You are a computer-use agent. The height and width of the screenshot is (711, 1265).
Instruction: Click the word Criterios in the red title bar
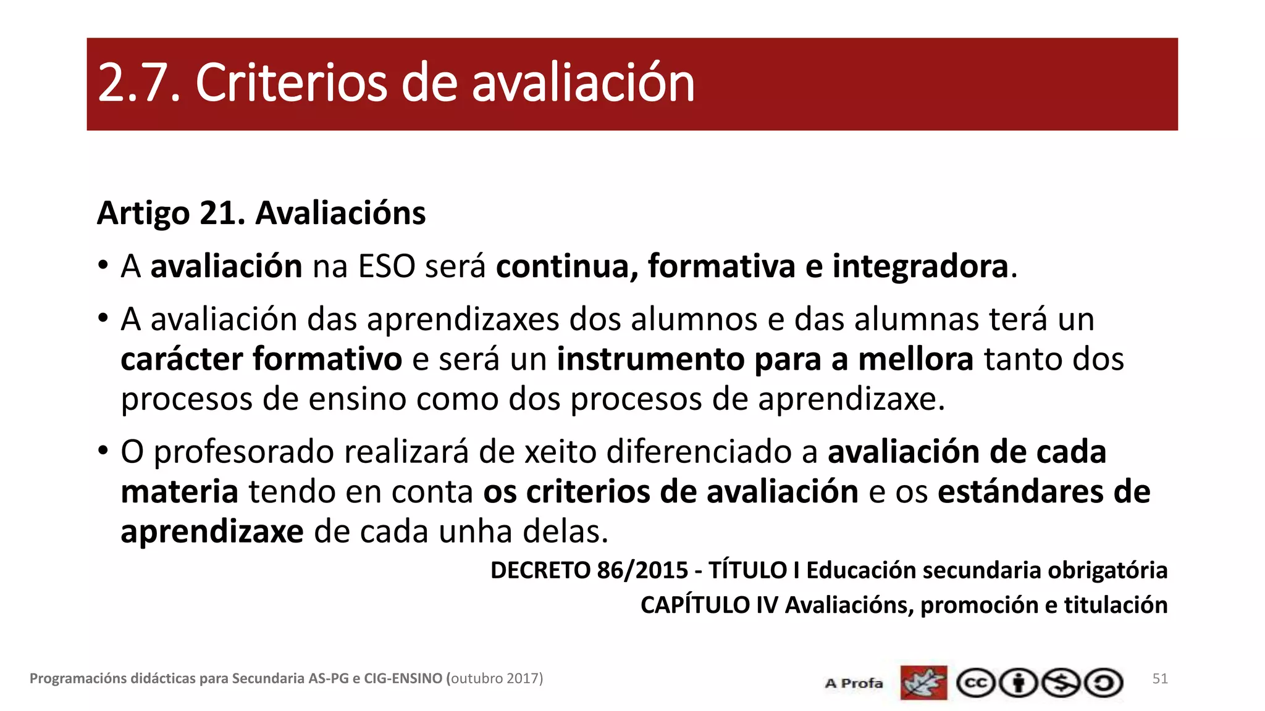[x=291, y=83]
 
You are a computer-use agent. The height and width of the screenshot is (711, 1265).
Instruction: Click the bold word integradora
[x=920, y=267]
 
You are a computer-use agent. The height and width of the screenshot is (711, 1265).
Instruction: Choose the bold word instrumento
[x=650, y=359]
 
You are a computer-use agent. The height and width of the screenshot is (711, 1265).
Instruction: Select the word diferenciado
[x=699, y=452]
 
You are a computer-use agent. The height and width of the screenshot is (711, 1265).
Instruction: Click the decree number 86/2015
[x=642, y=570]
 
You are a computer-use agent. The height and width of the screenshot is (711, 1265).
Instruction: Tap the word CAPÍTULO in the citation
[x=695, y=605]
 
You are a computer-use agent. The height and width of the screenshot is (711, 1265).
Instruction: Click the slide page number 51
[x=1160, y=679]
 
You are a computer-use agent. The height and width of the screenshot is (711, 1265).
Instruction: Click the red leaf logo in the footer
[x=923, y=683]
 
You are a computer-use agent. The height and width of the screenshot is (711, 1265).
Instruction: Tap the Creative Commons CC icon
[x=975, y=683]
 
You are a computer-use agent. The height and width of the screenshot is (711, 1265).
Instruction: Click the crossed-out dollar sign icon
[x=1061, y=683]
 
